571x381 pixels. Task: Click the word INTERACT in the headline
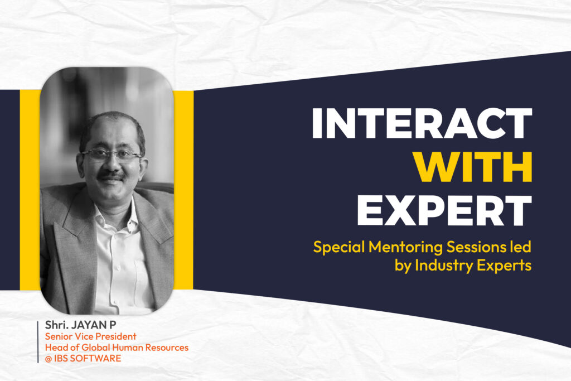(422, 123)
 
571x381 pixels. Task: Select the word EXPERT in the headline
(444, 210)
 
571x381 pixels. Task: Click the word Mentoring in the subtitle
(406, 247)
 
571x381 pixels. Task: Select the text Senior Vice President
(91, 336)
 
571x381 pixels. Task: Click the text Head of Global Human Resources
(117, 348)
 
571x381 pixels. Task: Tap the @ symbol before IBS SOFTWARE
(49, 359)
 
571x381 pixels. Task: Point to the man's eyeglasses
(112, 155)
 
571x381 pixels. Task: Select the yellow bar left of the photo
(30, 190)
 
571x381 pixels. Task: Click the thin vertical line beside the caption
(38, 342)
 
